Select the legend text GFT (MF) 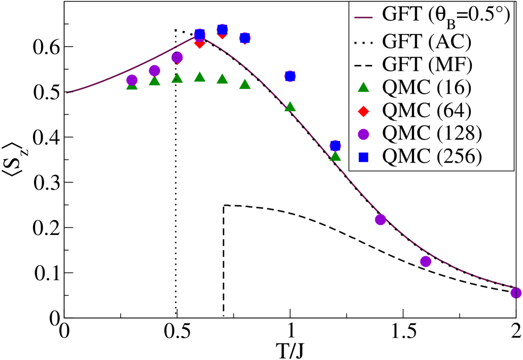coord(427,64)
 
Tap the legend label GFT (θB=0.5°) coord(445,15)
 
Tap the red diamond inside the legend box coord(363,111)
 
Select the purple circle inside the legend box coord(363,134)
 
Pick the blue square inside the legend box coord(363,157)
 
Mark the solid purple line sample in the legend coord(363,16)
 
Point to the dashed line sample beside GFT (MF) coord(363,64)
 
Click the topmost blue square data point coord(222,29)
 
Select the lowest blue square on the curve coord(335,146)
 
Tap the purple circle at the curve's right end coord(516,292)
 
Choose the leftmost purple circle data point coord(132,80)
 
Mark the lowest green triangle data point coord(335,155)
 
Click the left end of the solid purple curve coord(67,93)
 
